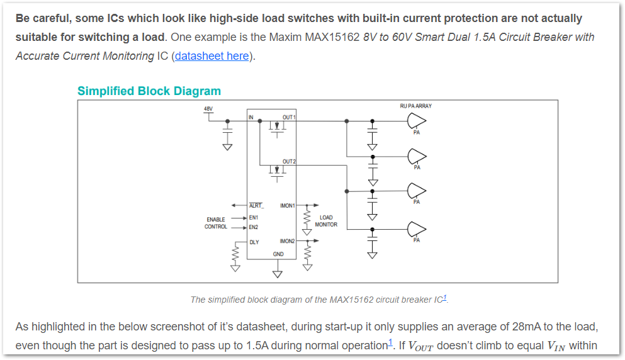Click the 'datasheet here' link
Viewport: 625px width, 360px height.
click(x=212, y=56)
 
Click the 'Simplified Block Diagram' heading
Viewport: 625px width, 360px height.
click(x=149, y=91)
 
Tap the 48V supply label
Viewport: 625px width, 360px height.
click(x=208, y=109)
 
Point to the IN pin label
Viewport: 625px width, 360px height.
click(x=251, y=117)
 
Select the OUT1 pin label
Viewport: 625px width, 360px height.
click(x=289, y=118)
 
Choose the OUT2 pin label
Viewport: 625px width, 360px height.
click(x=289, y=162)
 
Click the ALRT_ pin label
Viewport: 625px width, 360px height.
click(x=256, y=206)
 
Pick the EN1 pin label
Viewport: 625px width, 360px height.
click(x=253, y=218)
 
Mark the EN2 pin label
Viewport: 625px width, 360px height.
click(x=253, y=227)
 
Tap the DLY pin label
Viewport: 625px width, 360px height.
click(x=254, y=242)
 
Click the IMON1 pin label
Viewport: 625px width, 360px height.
click(x=288, y=206)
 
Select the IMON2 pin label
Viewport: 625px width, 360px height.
click(x=288, y=241)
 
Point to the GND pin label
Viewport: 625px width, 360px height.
click(x=278, y=254)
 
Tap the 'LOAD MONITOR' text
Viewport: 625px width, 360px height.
click(x=326, y=221)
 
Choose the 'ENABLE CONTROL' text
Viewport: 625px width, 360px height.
click(x=216, y=223)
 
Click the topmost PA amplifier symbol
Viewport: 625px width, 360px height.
click(x=417, y=121)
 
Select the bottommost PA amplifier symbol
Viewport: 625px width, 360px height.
click(x=417, y=228)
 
